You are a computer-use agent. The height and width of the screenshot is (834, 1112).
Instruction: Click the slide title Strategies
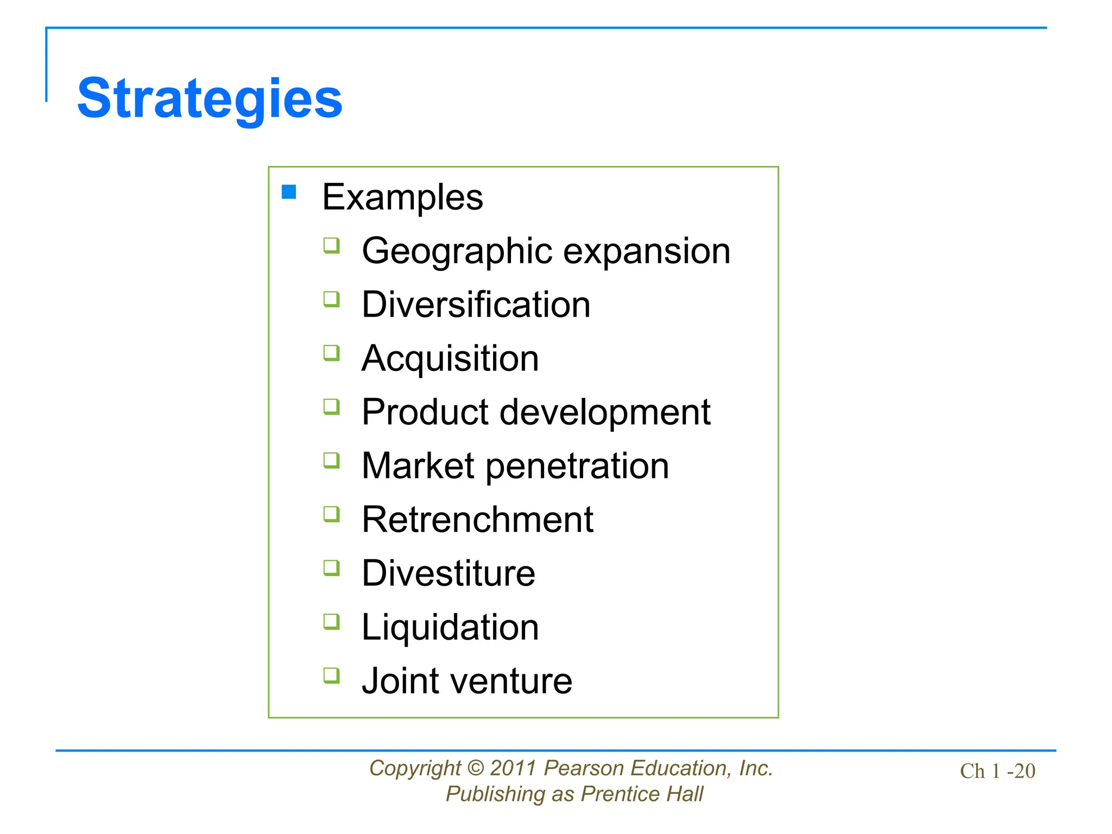coord(210,99)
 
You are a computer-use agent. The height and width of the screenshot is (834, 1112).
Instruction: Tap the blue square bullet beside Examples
coord(289,192)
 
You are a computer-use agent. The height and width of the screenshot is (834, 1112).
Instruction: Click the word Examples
coord(402,197)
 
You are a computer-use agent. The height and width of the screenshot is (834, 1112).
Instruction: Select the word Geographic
coord(457,251)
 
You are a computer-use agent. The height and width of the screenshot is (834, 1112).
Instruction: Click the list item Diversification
coord(476,304)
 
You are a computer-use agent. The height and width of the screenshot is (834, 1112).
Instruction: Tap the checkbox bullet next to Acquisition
coord(331,353)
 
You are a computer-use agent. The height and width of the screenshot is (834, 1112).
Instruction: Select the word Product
coord(425,412)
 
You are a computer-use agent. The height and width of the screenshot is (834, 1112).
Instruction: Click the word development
coord(605,412)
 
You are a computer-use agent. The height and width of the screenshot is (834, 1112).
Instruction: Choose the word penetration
coord(577,466)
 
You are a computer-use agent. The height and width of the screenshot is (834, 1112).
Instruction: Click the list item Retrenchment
coord(477,520)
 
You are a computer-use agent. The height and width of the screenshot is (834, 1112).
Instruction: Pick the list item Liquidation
coord(450,627)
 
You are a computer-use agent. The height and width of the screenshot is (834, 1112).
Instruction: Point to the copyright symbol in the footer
coord(475,768)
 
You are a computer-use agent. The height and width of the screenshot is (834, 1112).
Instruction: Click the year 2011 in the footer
coord(513,768)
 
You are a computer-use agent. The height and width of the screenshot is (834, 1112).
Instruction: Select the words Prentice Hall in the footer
coord(642,794)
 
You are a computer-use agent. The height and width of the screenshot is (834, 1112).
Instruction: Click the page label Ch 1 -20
coord(997,771)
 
